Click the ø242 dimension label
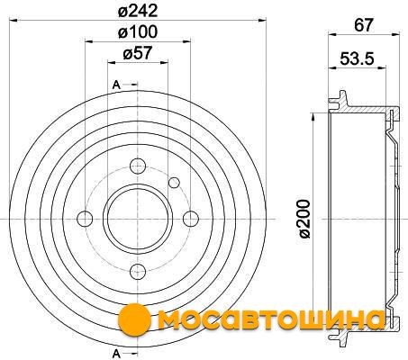[138, 12]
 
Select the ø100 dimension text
[138, 31]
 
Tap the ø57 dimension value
[138, 53]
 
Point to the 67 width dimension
[364, 25]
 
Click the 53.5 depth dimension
[358, 58]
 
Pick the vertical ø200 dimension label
[304, 219]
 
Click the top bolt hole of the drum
[138, 166]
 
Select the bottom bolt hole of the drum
[138, 272]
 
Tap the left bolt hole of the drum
[85, 219]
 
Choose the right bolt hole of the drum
[191, 219]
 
